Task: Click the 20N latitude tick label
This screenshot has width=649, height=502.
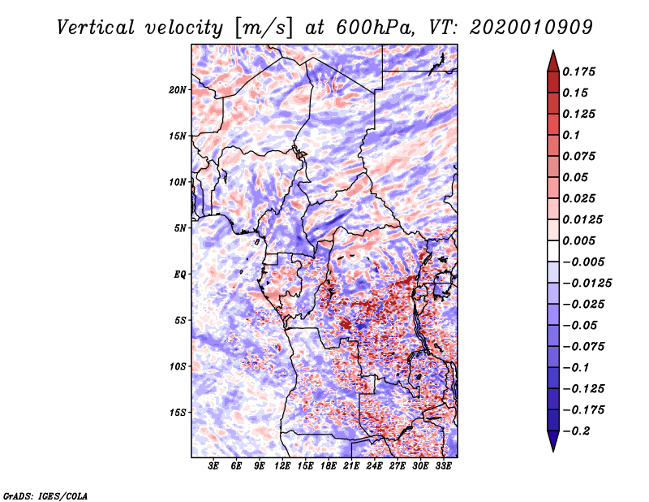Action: pyautogui.click(x=178, y=89)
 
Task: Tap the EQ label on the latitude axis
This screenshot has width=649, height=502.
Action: pyautogui.click(x=180, y=275)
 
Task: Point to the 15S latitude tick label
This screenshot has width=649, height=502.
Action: pyautogui.click(x=178, y=413)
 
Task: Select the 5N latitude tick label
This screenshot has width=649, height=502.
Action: pyautogui.click(x=180, y=228)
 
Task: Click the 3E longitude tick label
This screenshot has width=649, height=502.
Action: pyautogui.click(x=214, y=466)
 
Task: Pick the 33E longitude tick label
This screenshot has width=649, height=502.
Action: pyautogui.click(x=443, y=466)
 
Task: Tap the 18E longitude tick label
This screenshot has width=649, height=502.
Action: pyautogui.click(x=329, y=466)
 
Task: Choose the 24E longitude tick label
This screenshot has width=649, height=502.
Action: pyautogui.click(x=374, y=466)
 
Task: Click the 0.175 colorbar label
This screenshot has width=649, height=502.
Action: pyautogui.click(x=579, y=72)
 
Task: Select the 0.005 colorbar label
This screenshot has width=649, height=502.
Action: pyautogui.click(x=579, y=241)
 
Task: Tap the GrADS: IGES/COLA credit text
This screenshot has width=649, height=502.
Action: pyautogui.click(x=45, y=495)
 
